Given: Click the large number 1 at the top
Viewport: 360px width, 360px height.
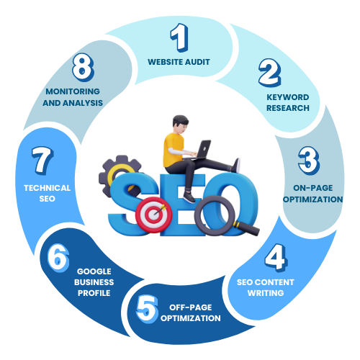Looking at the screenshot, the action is [179, 37].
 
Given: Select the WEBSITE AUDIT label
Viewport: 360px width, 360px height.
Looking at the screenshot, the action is [179, 62].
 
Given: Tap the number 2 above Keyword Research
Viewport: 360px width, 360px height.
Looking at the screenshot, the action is [270, 73].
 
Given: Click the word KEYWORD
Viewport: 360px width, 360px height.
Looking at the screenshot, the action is [288, 97].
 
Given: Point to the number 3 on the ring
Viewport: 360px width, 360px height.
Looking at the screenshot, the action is [309, 161].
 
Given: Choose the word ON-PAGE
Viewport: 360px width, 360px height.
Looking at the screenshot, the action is [313, 188].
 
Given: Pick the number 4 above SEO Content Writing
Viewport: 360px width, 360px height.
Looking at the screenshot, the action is [276, 258].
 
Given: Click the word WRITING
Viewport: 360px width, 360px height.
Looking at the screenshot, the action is [266, 293].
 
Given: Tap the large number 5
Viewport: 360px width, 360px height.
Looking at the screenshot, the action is [147, 309].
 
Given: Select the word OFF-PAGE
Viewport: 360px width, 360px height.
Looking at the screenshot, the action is [191, 307].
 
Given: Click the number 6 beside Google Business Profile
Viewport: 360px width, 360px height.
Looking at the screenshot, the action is [58, 258].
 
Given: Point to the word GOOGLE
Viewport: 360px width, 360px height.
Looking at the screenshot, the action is [94, 271].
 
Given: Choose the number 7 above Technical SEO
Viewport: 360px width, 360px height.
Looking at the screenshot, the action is [42, 161].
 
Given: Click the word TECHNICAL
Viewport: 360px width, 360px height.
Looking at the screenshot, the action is [47, 188].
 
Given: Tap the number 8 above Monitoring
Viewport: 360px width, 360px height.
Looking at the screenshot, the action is [83, 68].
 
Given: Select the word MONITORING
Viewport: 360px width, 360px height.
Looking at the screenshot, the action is [73, 91].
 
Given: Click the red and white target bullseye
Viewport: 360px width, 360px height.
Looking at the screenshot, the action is [153, 215].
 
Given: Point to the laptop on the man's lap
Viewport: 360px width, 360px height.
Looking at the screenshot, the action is [199, 150].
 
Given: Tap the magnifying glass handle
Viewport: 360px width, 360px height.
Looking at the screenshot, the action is [246, 228].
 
